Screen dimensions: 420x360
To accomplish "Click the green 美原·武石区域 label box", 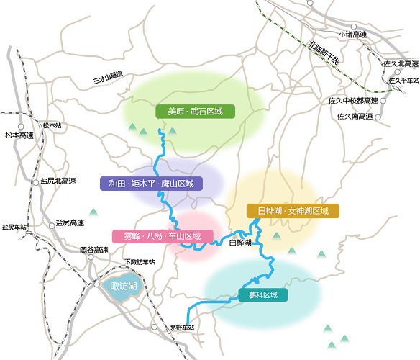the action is point(196,112).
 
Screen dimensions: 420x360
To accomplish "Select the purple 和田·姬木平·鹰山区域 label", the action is point(151,184).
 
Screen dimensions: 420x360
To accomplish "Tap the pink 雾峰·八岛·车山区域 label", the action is point(163,236).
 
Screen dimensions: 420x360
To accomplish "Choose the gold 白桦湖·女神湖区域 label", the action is point(293,211).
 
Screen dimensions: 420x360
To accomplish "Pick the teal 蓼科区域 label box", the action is point(263,295).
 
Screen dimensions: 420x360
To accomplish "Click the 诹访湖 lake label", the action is point(124,287).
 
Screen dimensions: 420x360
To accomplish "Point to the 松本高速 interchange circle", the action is point(21,127).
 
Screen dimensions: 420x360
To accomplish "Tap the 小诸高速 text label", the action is point(352,35).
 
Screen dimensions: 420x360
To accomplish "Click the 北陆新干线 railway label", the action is point(324,53).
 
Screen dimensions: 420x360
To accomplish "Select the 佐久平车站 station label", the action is point(404,81).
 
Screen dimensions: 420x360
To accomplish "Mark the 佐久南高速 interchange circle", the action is point(378,117).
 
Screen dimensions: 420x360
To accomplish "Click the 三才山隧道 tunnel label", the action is point(108,77).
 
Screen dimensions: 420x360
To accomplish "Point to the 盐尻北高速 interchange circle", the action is point(36,183).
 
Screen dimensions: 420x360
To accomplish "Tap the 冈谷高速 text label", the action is point(94,251).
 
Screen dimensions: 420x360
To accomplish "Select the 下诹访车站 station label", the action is point(140,262).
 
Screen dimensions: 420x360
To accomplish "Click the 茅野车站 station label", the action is point(182,328).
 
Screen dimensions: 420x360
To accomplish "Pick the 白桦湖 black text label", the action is point(240,243).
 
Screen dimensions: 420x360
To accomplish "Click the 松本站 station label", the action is point(52,125).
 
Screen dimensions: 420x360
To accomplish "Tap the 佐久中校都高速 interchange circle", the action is point(383,101).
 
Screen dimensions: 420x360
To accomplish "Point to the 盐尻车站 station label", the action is point(14,227).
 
